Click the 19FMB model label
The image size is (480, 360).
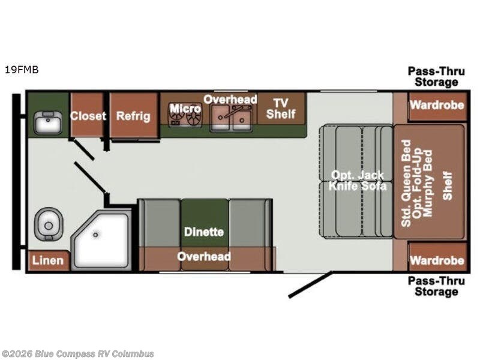pyautogui.click(x=22, y=70)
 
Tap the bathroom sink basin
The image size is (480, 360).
pyautogui.click(x=48, y=123)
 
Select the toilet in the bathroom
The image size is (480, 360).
pyautogui.click(x=49, y=224)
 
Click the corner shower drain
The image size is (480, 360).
pyautogui.click(x=95, y=235)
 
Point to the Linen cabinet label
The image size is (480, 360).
pyautogui.click(x=48, y=260)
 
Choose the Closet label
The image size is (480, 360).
pyautogui.click(x=88, y=116)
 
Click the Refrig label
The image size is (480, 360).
pyautogui.click(x=133, y=116)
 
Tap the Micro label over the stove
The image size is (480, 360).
pyautogui.click(x=185, y=109)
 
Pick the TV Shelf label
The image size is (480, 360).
pyautogui.click(x=281, y=109)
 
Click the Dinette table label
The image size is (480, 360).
pyautogui.click(x=204, y=232)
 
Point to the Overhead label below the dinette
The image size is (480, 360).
pyautogui.click(x=204, y=257)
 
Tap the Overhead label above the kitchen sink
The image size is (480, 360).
pyautogui.click(x=230, y=100)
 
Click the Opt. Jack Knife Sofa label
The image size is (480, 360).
pyautogui.click(x=357, y=181)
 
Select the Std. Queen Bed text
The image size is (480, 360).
pyautogui.click(x=406, y=183)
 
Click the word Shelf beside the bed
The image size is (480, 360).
pyautogui.click(x=448, y=186)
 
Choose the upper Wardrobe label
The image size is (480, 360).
pyautogui.click(x=437, y=105)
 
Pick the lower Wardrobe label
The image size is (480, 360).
pyautogui.click(x=437, y=260)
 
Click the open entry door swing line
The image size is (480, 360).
pyautogui.click(x=310, y=284)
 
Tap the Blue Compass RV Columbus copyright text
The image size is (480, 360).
pyautogui.click(x=77, y=354)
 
